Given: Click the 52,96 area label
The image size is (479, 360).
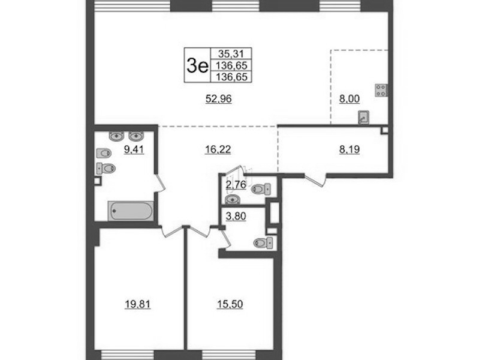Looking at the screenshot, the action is coord(219,99).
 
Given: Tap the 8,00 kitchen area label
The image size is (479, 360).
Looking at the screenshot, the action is coord(350,99).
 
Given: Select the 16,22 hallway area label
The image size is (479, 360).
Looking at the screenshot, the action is coord(218,149).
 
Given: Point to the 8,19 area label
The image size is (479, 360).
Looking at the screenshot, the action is coord(350,149).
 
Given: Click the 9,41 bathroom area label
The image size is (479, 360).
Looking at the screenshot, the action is coord(134,149).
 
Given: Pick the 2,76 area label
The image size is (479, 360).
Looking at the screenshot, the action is coord(236,185).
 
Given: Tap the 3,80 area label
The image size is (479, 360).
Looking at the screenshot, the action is coord(236,216).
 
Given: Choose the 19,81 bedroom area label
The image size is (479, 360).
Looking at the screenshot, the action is coord(137,304).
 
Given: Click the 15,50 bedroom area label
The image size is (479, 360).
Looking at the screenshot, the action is coord(230,304).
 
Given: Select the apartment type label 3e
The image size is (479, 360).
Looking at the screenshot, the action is coord(197,65).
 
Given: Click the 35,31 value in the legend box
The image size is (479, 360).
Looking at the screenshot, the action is coord(231,54).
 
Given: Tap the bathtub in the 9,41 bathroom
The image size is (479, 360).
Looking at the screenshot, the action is coord(131,211).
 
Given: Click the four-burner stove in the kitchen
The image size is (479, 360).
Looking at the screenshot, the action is coord(381,91).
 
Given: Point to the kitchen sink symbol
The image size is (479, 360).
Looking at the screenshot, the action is coord(363,118).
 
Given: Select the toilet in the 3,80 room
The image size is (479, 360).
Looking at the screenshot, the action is coord(263,243).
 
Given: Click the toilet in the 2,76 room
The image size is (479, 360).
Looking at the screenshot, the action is coord(261,189).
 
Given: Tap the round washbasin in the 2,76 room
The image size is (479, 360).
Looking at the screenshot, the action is coord(233,199).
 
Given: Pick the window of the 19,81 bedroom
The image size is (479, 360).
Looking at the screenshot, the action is coord(127,355).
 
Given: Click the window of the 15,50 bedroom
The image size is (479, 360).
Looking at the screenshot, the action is coord(229,355).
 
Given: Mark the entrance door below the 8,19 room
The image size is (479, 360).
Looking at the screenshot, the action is coord(315,179).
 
